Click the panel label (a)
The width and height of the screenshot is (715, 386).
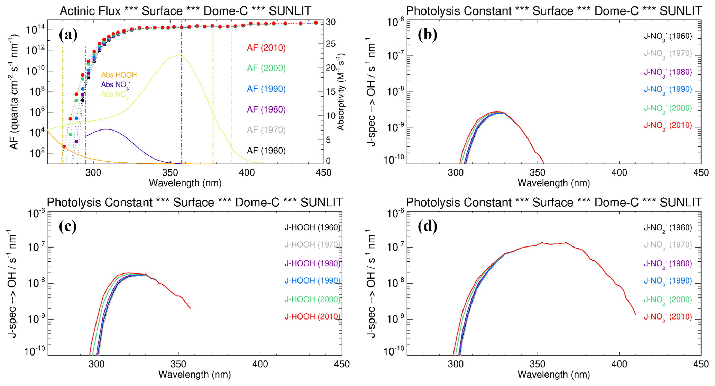coord(68,35)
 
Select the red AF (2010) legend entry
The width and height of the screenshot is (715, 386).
coord(266,48)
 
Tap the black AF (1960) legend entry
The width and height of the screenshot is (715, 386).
coord(266,151)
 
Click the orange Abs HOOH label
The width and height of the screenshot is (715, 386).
coord(119,75)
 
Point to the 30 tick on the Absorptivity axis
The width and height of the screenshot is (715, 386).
coord(331,22)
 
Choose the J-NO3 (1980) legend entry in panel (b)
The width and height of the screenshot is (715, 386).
coord(668,72)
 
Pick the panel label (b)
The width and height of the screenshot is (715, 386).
coord(427,35)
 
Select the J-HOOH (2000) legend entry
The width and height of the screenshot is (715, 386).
coord(312,299)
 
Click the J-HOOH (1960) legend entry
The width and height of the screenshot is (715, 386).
coord(312,227)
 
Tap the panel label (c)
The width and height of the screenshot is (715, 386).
coord(68,226)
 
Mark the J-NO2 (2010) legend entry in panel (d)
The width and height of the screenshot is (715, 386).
coord(668,317)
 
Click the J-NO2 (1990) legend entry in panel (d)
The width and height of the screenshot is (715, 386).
coord(668,281)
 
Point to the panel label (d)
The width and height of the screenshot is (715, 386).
coord(427,226)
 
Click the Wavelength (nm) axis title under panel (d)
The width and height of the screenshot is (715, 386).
coord(553,375)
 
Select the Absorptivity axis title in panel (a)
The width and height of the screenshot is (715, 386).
coord(341,92)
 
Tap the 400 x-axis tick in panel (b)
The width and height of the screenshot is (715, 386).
coord(619,172)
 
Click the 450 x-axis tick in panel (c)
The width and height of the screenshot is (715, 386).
coord(342,364)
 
